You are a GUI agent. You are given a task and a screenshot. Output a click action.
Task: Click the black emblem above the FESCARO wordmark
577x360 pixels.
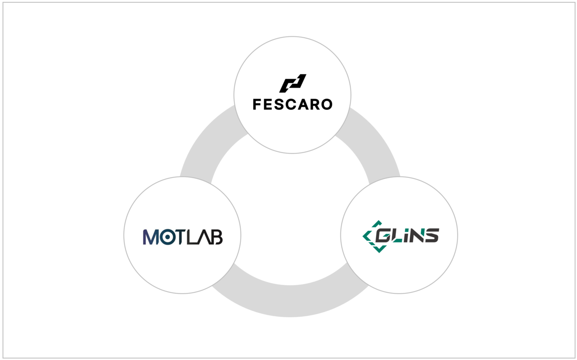pyautogui.click(x=293, y=83)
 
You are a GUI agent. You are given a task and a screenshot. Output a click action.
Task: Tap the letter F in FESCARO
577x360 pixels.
pyautogui.click(x=256, y=105)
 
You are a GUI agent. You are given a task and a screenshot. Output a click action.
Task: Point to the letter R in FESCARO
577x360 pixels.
pyautogui.click(x=313, y=105)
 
